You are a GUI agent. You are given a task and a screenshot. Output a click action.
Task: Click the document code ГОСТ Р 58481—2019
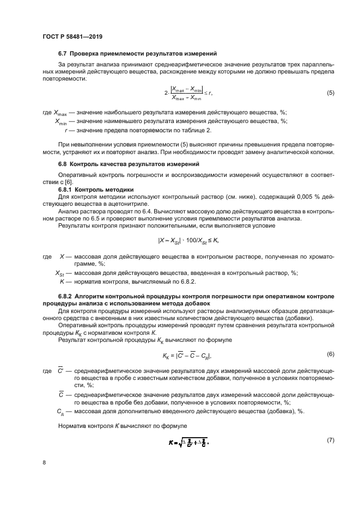tap(72, 36)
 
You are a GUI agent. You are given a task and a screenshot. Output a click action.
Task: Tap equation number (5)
tap(331, 93)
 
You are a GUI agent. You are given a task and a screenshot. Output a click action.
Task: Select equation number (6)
tap(331, 354)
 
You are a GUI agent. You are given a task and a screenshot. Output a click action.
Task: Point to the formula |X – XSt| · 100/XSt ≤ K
tap(188, 240)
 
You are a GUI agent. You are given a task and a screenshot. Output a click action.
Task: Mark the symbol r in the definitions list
tap(66, 130)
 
